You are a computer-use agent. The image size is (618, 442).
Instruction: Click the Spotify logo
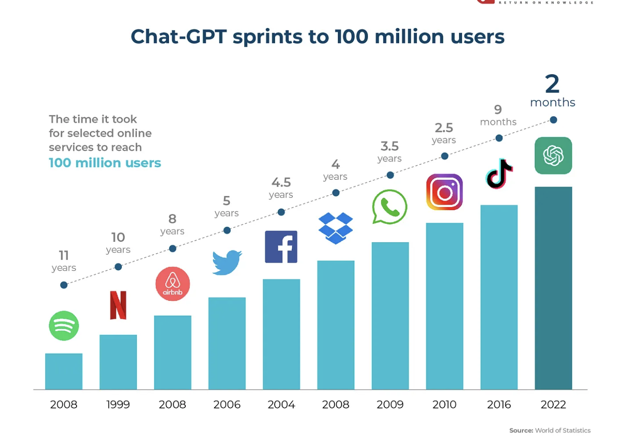pos(64,326)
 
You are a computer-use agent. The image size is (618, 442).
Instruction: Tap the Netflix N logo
pos(118,305)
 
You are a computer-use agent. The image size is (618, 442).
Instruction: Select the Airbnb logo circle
pos(173,284)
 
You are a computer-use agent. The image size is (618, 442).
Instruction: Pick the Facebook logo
pos(281,247)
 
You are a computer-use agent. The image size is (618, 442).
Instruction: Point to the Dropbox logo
pos(336,228)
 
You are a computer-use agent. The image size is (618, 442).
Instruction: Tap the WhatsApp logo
pos(390,207)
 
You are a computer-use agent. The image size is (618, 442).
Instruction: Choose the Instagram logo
pos(444,192)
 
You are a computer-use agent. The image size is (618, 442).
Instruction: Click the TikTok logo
pos(499,174)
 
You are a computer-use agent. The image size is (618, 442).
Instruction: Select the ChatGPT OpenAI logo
pos(553,156)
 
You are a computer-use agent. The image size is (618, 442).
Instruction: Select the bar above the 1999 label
pos(118,362)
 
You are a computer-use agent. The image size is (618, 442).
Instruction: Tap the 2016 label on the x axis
pos(499,404)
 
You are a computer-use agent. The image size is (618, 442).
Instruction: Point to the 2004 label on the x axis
pos(281,404)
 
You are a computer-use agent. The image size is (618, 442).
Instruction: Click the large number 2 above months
pos(552,84)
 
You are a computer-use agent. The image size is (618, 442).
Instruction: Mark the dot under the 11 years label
pos(64,285)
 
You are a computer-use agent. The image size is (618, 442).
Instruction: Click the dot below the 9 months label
pos(499,138)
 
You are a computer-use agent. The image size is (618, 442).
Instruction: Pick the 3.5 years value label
pos(390,151)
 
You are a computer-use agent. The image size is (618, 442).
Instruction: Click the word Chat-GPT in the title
pos(179,37)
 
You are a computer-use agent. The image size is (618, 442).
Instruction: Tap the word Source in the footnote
pos(521,430)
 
